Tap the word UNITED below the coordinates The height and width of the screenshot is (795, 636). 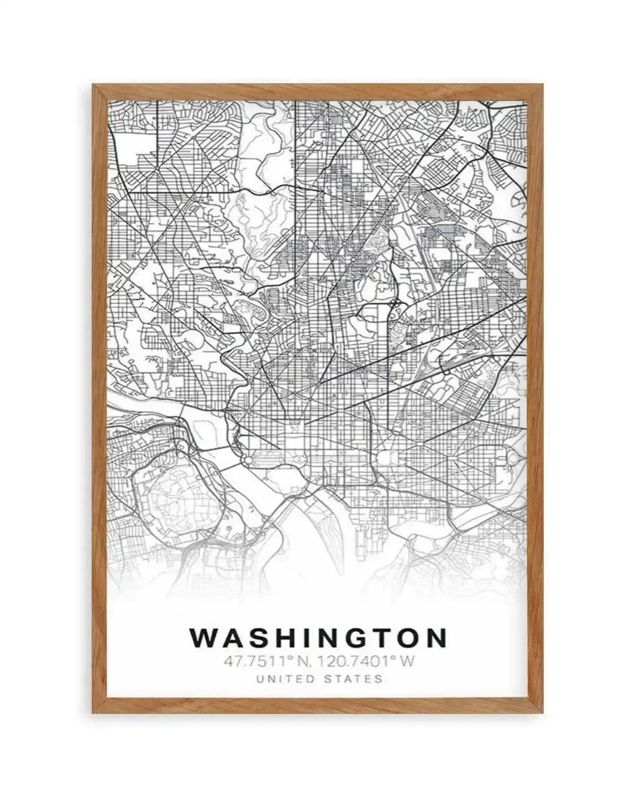[x=282, y=678]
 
